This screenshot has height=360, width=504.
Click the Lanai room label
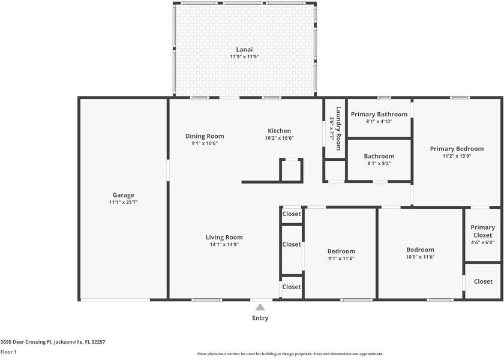[x=244, y=49]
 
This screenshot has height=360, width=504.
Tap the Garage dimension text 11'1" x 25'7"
[x=124, y=202]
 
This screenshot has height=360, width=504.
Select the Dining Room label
[x=205, y=136]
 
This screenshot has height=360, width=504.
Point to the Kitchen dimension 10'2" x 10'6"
[x=280, y=138]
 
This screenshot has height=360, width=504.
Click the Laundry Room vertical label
[x=338, y=128]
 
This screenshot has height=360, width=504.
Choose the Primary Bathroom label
[x=379, y=115]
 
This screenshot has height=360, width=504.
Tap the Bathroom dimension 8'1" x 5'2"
[x=379, y=163]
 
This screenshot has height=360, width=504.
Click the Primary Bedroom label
[x=457, y=149]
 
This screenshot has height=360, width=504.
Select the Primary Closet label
[x=483, y=231]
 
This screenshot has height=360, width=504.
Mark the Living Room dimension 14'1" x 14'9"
[x=224, y=244]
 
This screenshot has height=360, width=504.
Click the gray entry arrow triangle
[x=260, y=307]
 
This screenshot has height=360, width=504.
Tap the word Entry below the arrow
[x=260, y=318]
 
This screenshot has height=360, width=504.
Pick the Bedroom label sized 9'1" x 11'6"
[x=341, y=251]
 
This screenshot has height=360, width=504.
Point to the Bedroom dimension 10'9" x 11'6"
[x=421, y=257]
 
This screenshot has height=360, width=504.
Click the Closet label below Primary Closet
[x=483, y=281]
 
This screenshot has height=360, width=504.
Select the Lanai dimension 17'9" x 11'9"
[x=244, y=56]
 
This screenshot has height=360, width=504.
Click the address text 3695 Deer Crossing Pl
[x=26, y=342]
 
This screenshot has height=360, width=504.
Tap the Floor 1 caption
[x=8, y=352]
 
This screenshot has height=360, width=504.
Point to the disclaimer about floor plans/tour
[x=290, y=354]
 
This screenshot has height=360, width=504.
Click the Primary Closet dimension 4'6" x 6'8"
[x=483, y=242]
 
